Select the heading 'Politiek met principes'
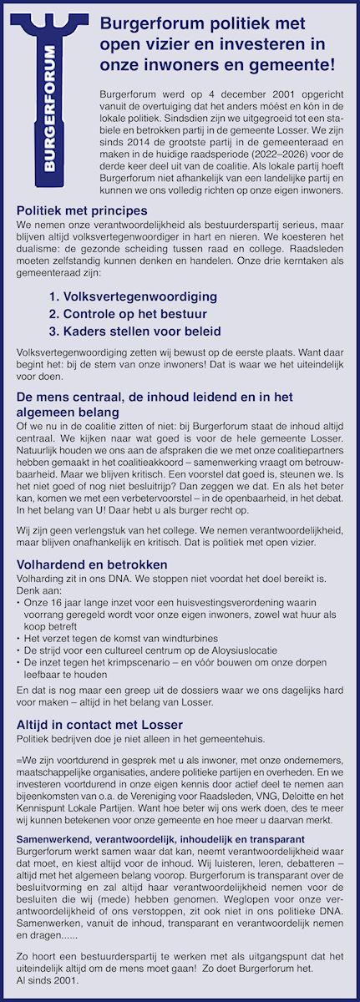[x=83, y=210]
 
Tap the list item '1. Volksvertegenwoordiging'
[x=133, y=296]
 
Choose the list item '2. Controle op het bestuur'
[x=127, y=314]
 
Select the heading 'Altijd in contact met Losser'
[x=99, y=725]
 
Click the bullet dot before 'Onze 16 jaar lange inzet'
[x=19, y=601]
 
